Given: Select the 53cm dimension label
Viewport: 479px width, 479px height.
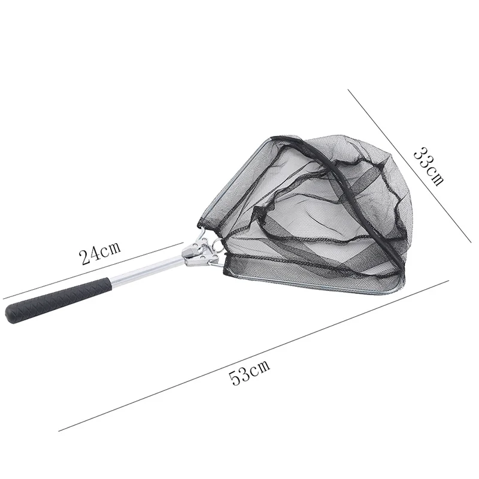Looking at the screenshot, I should [250, 376].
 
